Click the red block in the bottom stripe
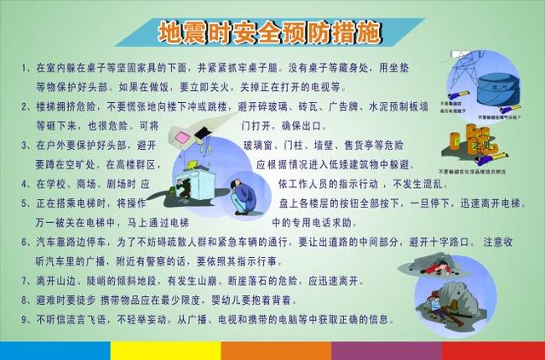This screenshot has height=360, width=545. pos(493,351)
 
